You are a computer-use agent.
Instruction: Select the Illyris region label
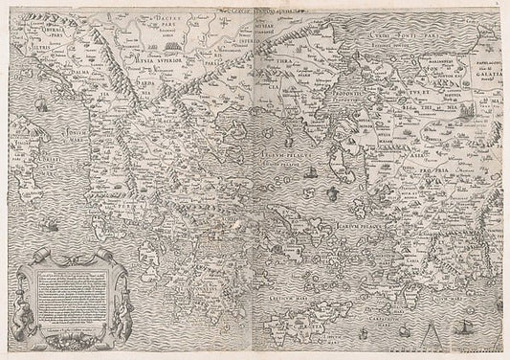[x=26, y=64]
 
